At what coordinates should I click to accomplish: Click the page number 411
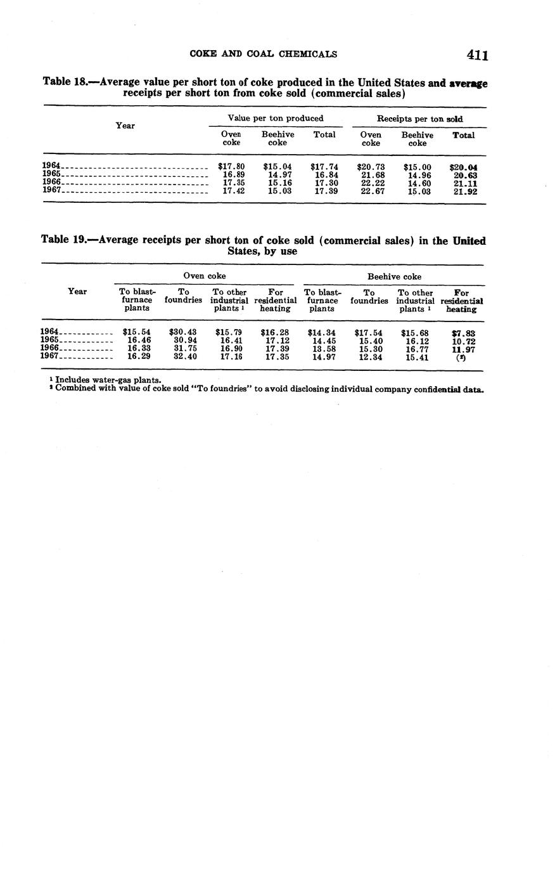[477, 55]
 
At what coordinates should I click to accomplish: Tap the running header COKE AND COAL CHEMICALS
[263, 54]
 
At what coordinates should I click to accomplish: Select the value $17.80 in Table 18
[231, 167]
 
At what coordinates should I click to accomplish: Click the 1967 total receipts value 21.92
[465, 191]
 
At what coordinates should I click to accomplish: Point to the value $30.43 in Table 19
[183, 332]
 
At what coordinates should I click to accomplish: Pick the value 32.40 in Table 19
[185, 357]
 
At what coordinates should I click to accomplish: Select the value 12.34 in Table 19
[371, 357]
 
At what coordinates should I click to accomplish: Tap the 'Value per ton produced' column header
[275, 118]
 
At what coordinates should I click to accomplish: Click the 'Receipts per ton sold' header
[419, 119]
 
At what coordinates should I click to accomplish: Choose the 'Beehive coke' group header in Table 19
[394, 276]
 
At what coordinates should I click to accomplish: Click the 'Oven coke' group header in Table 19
[204, 276]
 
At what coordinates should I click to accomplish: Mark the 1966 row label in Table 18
[51, 183]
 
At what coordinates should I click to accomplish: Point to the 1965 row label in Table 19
[49, 340]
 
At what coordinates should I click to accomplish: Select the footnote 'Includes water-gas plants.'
[108, 380]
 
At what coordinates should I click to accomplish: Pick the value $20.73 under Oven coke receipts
[371, 167]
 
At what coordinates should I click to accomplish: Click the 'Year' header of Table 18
[125, 126]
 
